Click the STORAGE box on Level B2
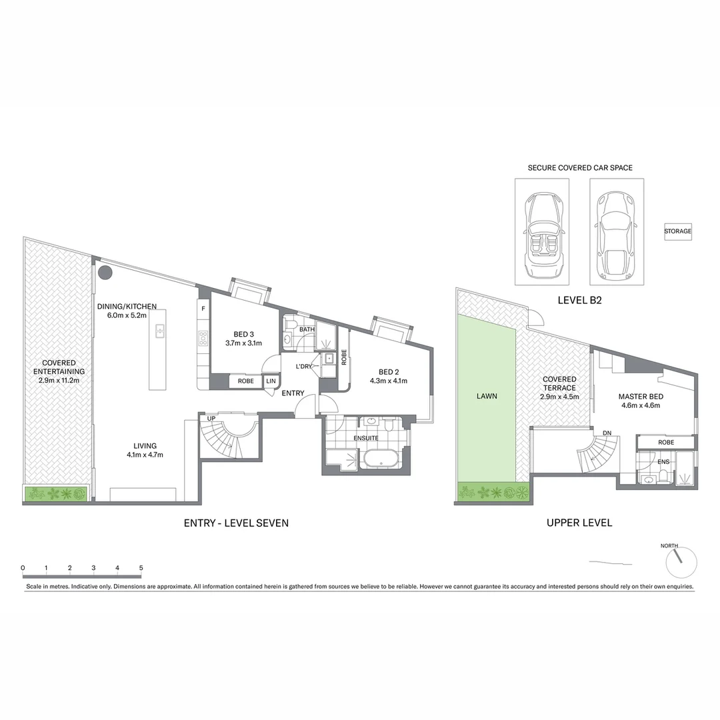(677, 231)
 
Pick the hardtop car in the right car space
(617, 232)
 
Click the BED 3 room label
(243, 338)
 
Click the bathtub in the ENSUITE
(379, 459)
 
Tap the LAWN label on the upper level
(487, 395)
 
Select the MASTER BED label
(641, 401)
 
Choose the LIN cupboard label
(271, 381)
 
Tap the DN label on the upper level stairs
(607, 432)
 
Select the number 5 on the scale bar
(141, 568)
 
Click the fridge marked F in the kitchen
(203, 309)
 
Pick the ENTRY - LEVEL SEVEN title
(236, 523)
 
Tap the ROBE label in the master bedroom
(665, 442)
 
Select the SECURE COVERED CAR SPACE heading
(580, 167)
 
